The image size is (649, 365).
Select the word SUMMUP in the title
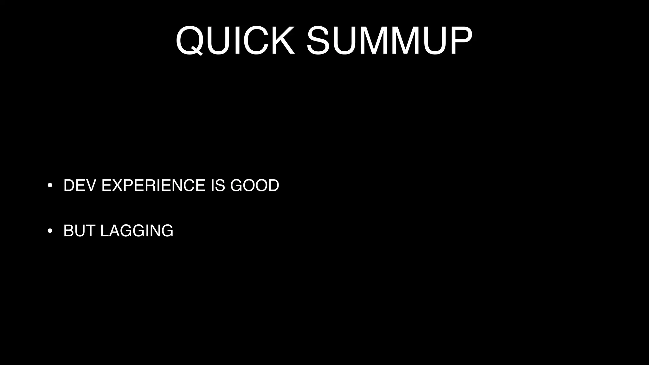pos(389,41)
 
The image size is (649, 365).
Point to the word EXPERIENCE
pos(153,185)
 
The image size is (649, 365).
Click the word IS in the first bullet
pos(218,185)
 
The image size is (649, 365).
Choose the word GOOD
pos(254,185)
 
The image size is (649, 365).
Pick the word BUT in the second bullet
pos(79,231)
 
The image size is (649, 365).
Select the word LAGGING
pos(137,231)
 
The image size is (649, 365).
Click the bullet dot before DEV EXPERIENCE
pos(50,186)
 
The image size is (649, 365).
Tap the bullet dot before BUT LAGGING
pos(50,231)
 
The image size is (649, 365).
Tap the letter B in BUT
pos(69,231)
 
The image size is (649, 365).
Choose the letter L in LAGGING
pos(104,231)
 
